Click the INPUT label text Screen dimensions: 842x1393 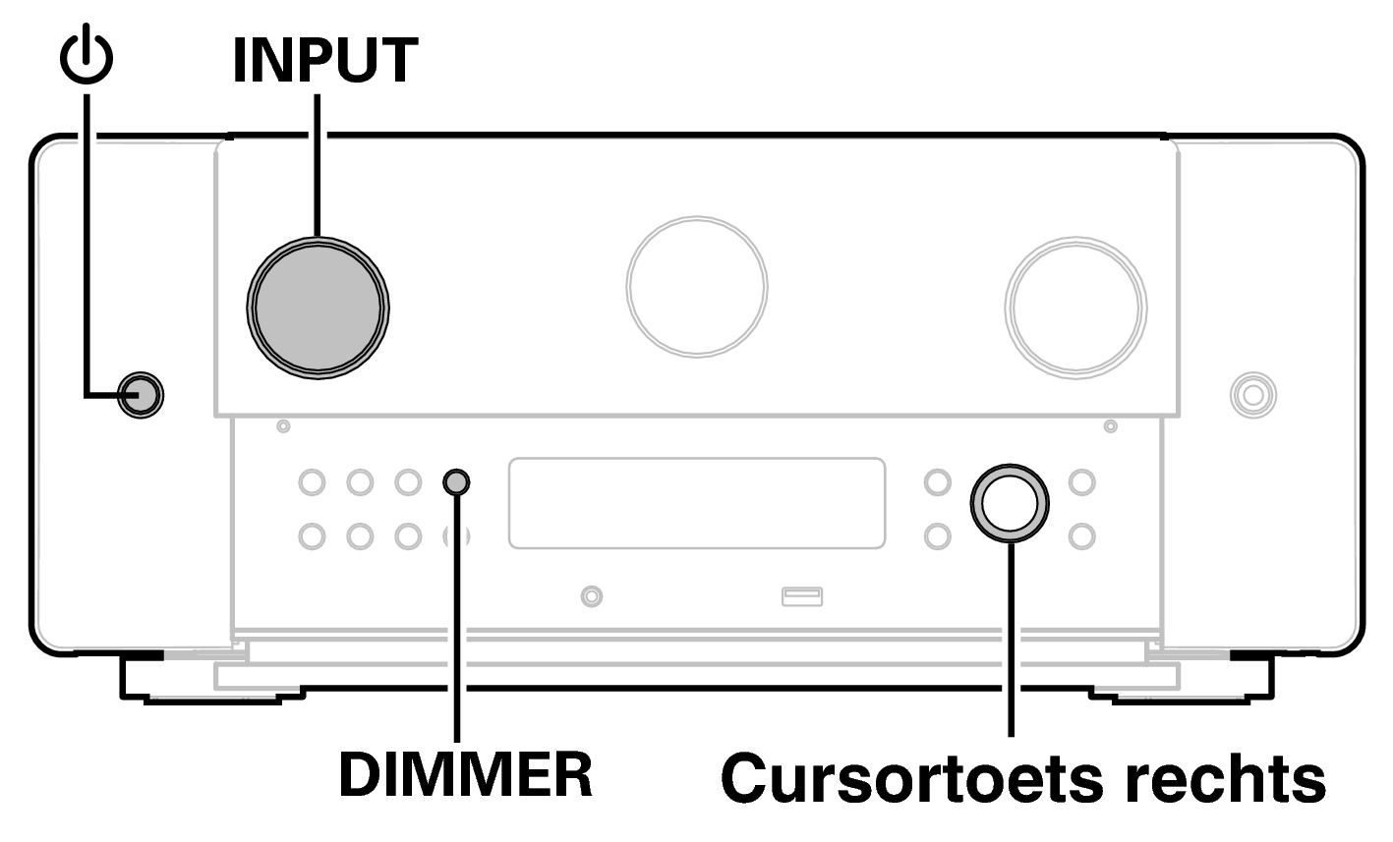pyautogui.click(x=324, y=61)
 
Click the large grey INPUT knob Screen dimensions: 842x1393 pyautogui.click(x=319, y=305)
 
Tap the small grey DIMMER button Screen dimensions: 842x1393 pyautogui.click(x=457, y=482)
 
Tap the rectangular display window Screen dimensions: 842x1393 pyautogui.click(x=696, y=502)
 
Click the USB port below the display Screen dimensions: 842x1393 pyautogui.click(x=802, y=595)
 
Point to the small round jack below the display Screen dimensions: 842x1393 pyautogui.click(x=592, y=595)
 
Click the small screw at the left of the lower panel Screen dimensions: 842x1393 pyautogui.click(x=283, y=426)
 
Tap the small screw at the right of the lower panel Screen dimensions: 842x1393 pyautogui.click(x=1111, y=426)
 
